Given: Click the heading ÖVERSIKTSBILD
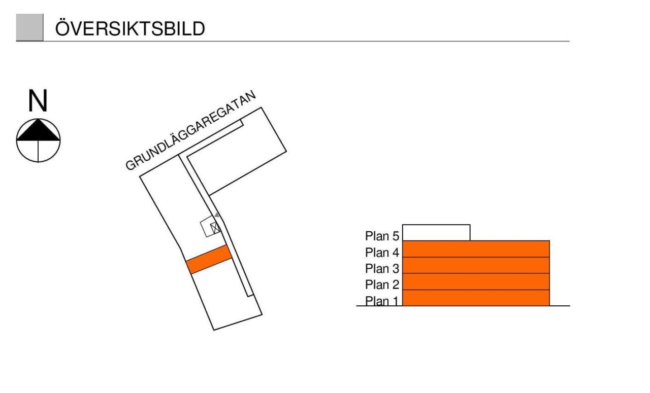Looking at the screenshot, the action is (130, 28).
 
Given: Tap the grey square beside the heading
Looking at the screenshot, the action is (29, 27).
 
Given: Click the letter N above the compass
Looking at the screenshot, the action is (38, 100).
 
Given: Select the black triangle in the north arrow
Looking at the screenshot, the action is (38, 130).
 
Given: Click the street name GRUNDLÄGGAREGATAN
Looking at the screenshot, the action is (190, 130).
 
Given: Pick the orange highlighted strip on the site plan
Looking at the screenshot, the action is (209, 260).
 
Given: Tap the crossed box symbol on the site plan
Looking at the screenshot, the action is (215, 228).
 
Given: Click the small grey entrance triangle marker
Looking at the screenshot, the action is (217, 215).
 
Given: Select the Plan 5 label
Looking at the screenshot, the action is (382, 236).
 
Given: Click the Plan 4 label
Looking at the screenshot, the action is (382, 253).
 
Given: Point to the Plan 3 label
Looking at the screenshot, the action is (382, 268).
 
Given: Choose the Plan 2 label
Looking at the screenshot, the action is (382, 284).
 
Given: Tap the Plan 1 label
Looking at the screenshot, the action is (382, 301).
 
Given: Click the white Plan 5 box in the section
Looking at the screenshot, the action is (436, 232).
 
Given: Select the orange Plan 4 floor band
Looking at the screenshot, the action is (476, 249).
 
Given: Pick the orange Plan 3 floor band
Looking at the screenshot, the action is (476, 265).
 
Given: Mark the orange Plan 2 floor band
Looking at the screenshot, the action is (476, 281).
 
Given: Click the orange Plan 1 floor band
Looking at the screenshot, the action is (476, 298).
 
